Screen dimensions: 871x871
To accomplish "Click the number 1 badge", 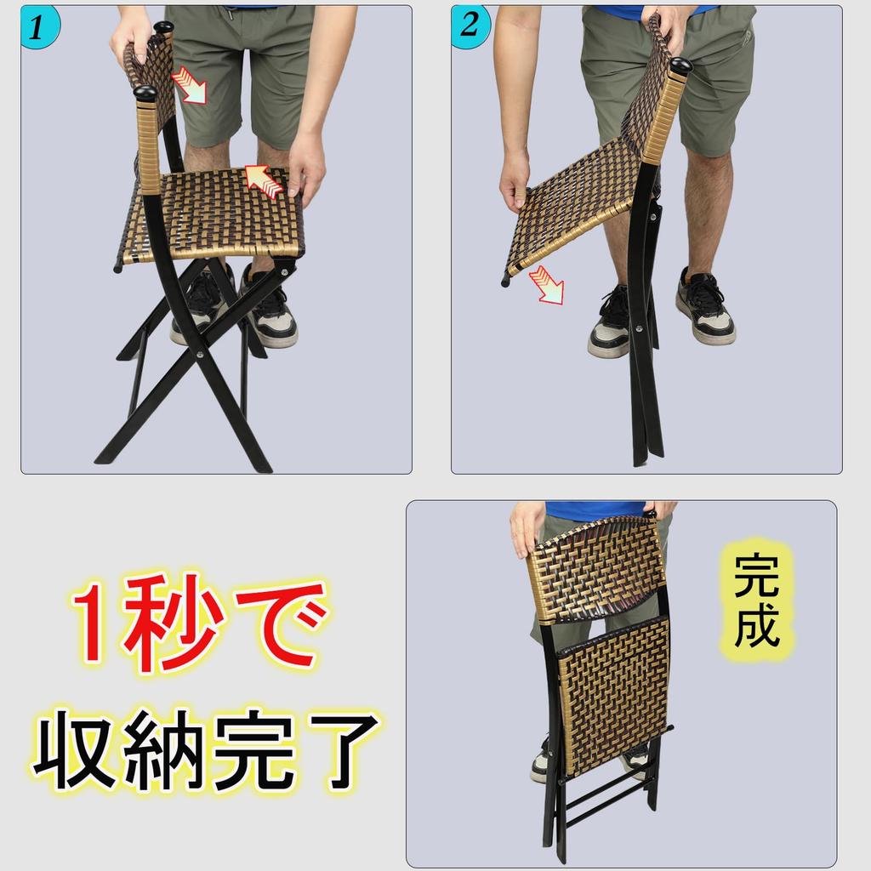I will click(38, 26).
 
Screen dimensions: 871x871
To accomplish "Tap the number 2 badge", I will click(469, 26).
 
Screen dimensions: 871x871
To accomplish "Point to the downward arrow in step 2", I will click(544, 287).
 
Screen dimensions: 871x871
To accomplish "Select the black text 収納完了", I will click(204, 750).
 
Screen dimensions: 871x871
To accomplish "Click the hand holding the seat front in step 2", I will click(514, 180).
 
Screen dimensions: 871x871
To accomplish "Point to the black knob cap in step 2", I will click(680, 66).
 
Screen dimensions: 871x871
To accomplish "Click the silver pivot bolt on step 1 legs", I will click(200, 356).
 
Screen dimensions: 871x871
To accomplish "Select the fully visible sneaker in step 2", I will click(704, 308).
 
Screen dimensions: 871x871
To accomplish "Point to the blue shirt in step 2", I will click(646, 10).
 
